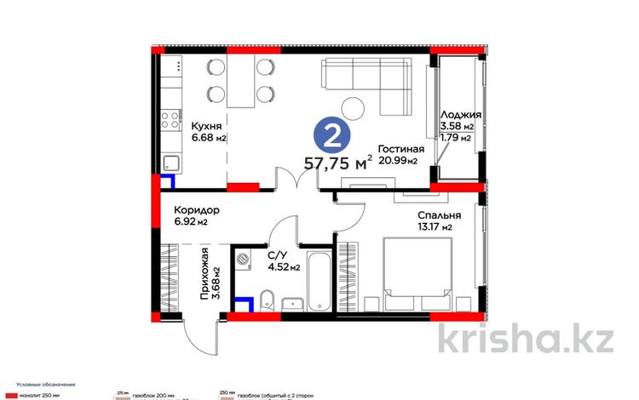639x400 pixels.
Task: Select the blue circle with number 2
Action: click(331, 135)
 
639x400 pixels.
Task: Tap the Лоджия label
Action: click(461, 117)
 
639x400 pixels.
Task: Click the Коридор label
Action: click(197, 209)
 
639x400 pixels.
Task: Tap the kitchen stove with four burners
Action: click(170, 117)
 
